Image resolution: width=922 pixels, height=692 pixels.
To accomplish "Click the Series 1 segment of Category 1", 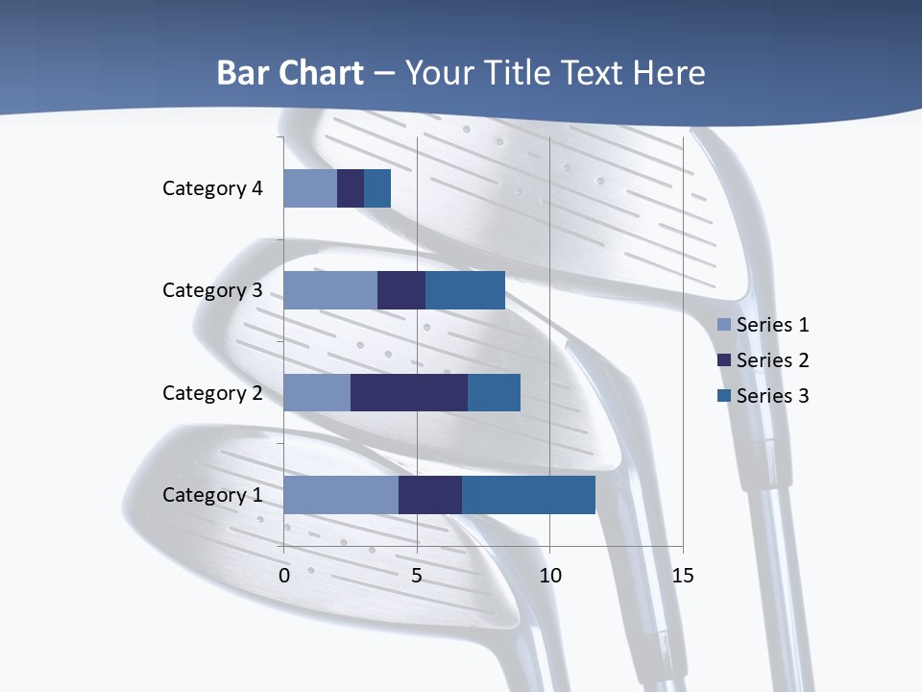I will (x=341, y=494).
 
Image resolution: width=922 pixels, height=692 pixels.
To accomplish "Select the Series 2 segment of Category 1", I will (x=430, y=494).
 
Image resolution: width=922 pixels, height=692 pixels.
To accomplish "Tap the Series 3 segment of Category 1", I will (x=528, y=494).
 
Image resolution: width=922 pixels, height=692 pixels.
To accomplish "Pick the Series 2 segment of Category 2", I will (x=409, y=392).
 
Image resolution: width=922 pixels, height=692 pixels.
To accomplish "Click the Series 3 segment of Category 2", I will (x=494, y=392).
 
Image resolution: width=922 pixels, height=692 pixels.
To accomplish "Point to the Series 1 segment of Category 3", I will (x=330, y=290).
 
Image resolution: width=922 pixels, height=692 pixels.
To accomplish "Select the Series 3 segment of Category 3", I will (x=465, y=290).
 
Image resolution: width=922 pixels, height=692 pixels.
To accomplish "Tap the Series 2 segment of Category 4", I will (x=351, y=188).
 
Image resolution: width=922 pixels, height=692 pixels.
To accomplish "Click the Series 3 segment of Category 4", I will (x=377, y=188).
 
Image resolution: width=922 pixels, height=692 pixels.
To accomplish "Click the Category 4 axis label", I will (x=212, y=188).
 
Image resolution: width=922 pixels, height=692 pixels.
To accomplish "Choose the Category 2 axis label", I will (x=212, y=392).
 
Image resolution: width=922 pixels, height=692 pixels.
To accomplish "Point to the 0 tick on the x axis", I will (x=284, y=576).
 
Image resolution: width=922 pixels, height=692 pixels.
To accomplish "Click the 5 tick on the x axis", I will (x=417, y=576).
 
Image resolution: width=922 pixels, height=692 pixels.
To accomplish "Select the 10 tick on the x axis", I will (x=549, y=576).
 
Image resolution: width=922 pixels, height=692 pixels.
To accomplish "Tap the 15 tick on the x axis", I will (x=682, y=576).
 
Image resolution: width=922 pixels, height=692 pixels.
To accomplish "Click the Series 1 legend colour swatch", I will (x=723, y=325).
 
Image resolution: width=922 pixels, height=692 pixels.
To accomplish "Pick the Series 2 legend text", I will (x=773, y=360).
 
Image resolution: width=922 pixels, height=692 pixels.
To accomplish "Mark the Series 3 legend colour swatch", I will (x=723, y=396).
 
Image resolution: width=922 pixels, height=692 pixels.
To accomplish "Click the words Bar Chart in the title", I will (x=290, y=73).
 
